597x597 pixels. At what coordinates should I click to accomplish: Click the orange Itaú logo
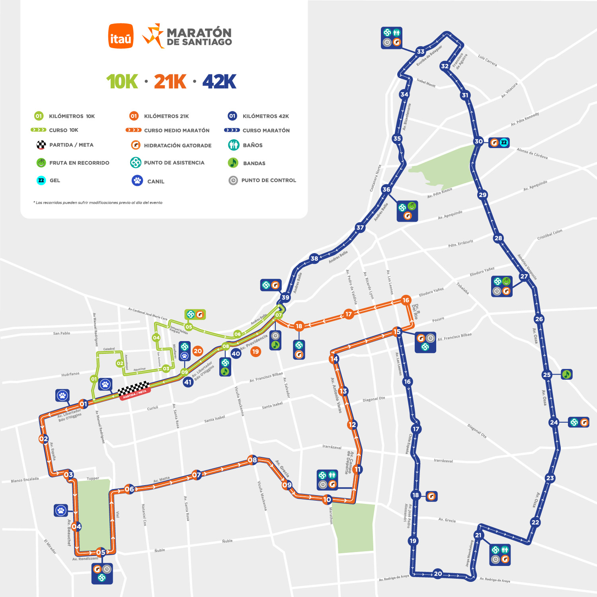point(121,36)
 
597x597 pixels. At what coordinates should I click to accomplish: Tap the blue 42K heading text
point(219,82)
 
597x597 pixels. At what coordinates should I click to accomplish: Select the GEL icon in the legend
point(41,180)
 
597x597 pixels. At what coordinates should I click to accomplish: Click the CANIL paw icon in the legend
point(137,181)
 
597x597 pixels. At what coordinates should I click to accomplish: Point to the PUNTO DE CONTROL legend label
point(269,180)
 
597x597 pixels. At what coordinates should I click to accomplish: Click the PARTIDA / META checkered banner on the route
point(134,390)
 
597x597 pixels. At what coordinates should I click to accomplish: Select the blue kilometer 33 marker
point(421,51)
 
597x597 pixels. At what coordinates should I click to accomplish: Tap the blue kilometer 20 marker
point(438,574)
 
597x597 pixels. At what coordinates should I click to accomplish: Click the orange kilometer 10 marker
point(327,499)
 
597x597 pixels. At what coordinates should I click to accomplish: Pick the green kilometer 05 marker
point(189,327)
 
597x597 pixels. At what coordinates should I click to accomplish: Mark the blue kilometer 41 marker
point(188,382)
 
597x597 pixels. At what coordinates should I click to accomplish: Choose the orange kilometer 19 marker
point(256,351)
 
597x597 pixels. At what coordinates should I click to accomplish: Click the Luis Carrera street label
point(487,60)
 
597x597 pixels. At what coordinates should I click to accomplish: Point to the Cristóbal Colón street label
point(550,234)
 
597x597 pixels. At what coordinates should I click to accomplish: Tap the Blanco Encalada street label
point(25,480)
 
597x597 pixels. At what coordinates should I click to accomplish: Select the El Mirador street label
point(50,546)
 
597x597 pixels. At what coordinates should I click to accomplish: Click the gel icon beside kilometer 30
point(504,142)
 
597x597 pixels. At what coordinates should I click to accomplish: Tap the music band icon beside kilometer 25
point(566,374)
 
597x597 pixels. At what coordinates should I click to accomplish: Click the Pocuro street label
point(438,320)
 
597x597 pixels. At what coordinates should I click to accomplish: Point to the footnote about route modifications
point(98,203)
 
